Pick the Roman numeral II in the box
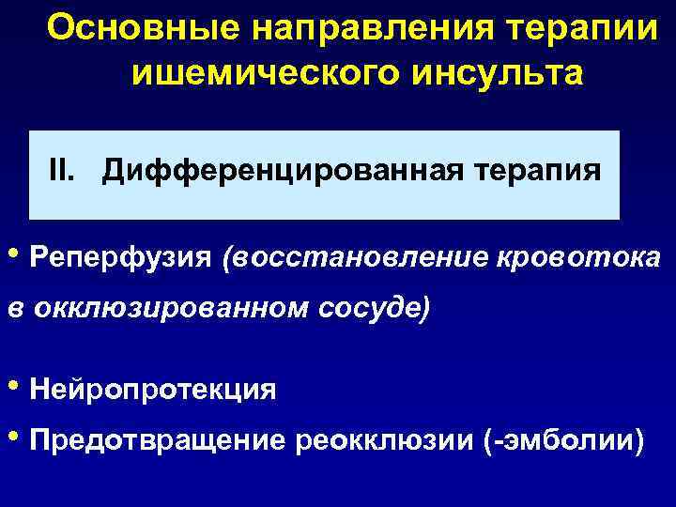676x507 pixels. (x=64, y=171)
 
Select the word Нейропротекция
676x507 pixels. (x=152, y=389)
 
